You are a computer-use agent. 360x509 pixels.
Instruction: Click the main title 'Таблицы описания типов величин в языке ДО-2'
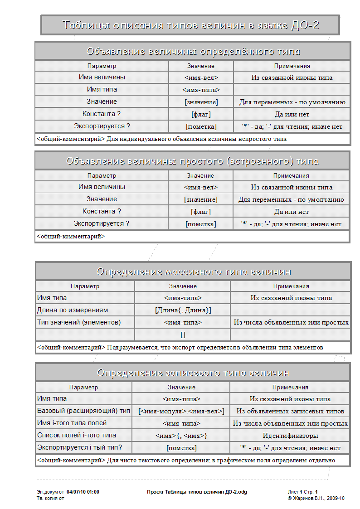click(190, 25)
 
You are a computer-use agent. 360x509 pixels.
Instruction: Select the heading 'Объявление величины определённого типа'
click(193, 51)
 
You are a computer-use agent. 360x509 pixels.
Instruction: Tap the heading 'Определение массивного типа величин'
click(193, 271)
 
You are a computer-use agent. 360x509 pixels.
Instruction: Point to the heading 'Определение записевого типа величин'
click(193, 373)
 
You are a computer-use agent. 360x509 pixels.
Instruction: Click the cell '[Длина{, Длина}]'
click(183, 310)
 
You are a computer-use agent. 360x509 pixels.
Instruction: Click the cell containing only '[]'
click(183, 334)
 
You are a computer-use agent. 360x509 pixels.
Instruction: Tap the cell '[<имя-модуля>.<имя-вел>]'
click(181, 412)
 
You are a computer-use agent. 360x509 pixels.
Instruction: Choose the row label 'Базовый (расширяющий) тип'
click(83, 411)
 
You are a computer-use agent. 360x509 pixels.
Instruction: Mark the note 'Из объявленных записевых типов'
click(290, 412)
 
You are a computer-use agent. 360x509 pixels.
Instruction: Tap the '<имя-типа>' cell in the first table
click(201, 90)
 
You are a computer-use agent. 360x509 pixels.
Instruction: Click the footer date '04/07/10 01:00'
click(83, 492)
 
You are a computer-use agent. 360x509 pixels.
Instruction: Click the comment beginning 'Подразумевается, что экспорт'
click(214, 348)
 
